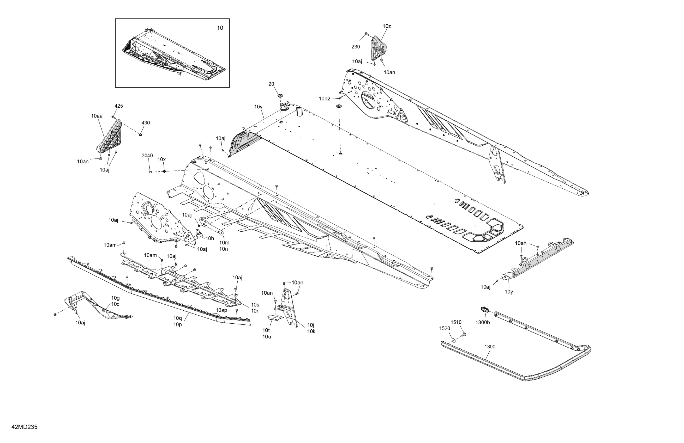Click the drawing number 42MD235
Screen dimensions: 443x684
tap(25, 427)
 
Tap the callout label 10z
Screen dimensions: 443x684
tap(387, 26)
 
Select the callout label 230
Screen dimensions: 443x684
tap(356, 47)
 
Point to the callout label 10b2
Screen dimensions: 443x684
tap(325, 99)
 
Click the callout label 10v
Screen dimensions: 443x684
tap(258, 107)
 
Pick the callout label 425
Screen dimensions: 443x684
tap(119, 106)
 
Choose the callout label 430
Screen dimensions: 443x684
tap(145, 123)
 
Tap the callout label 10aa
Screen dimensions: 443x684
tap(97, 116)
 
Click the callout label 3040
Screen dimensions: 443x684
tap(147, 156)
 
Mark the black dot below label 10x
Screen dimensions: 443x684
tap(164, 171)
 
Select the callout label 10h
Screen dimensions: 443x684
tap(209, 238)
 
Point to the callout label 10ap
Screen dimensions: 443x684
tap(221, 310)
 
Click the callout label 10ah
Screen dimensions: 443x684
tap(520, 243)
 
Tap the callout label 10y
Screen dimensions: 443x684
tap(509, 292)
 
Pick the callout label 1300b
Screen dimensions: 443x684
tap(483, 322)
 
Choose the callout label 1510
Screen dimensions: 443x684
tap(456, 322)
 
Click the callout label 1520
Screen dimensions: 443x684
tap(444, 328)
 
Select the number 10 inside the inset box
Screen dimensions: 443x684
tap(220, 28)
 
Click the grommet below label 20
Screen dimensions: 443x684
tap(280, 95)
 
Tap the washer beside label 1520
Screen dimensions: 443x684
tap(453, 341)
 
